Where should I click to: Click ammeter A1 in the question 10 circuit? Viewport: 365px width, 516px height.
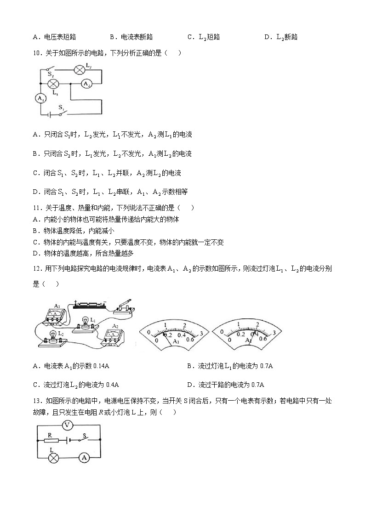40,99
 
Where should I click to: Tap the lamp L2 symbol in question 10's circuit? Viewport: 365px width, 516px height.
79,70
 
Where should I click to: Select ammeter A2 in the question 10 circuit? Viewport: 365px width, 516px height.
86,84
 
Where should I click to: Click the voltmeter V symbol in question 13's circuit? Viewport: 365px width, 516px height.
68,425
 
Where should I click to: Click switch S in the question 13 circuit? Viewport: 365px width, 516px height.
85,439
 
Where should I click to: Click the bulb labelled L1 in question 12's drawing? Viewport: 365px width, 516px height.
86,323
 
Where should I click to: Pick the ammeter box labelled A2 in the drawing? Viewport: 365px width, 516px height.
112,335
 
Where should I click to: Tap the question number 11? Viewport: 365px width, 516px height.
38,208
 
